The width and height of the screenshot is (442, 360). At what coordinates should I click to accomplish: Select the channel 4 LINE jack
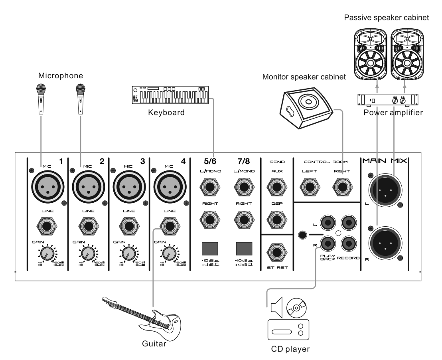tap(169, 226)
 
